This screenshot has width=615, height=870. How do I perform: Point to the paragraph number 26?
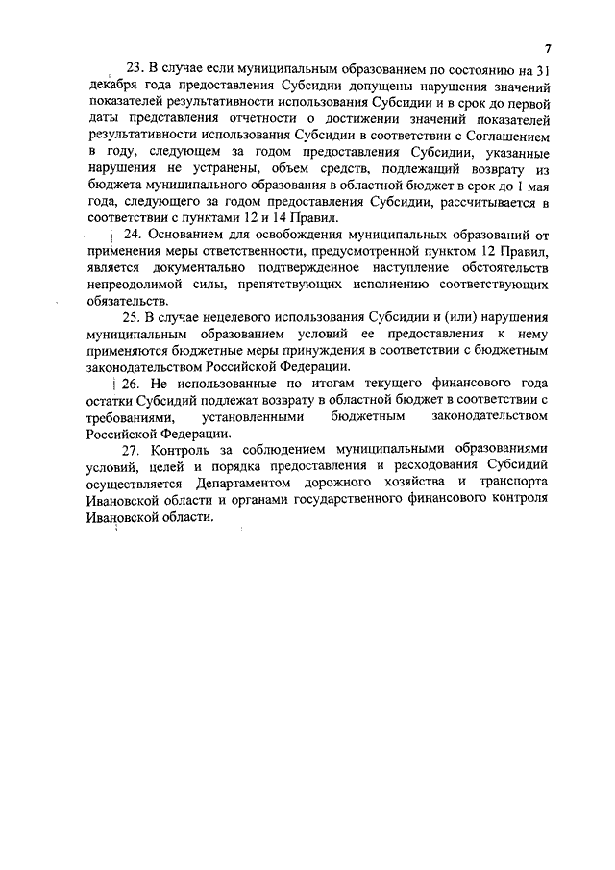point(131,384)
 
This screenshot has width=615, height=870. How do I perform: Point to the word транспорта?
point(509,483)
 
